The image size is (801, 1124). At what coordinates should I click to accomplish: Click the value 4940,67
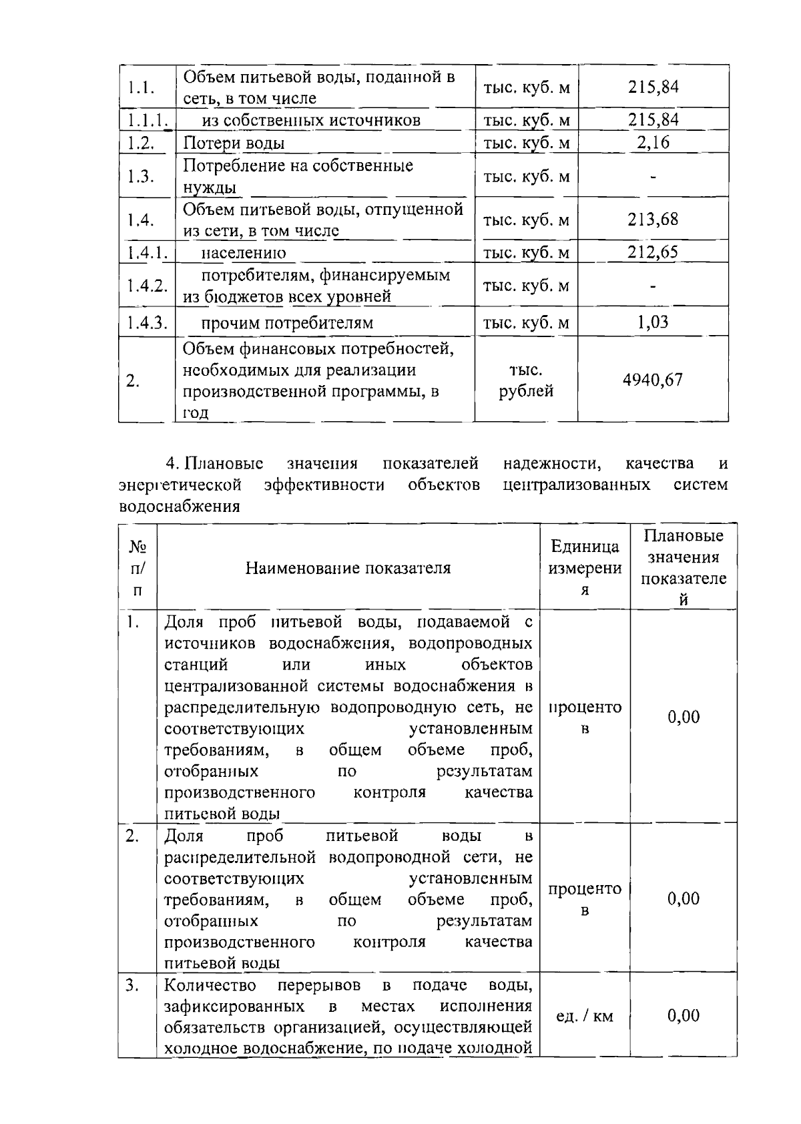[x=652, y=380]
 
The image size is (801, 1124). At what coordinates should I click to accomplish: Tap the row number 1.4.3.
[x=146, y=322]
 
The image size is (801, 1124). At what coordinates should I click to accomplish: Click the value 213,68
[x=652, y=219]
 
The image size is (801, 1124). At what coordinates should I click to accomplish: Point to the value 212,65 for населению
[x=652, y=252]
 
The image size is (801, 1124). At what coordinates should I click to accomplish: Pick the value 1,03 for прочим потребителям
[x=652, y=322]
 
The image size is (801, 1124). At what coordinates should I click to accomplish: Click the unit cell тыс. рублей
[x=526, y=380]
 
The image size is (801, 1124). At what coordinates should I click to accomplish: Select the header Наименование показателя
[x=348, y=568]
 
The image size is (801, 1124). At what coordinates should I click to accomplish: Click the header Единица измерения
[x=585, y=568]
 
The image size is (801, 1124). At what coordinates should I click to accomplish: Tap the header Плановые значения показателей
[x=684, y=567]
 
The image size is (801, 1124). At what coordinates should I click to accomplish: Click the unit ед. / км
[x=585, y=1017]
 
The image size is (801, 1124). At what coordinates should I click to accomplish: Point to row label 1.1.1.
[x=146, y=120]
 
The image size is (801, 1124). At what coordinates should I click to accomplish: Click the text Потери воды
[x=234, y=143]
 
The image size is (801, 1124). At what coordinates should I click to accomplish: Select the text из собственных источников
[x=311, y=120]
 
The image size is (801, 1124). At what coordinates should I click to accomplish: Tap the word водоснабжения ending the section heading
[x=179, y=506]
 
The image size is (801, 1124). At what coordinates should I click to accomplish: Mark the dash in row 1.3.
[x=652, y=177]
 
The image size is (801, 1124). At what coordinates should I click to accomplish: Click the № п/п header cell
[x=138, y=568]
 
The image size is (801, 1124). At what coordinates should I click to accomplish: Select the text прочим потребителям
[x=287, y=323]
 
